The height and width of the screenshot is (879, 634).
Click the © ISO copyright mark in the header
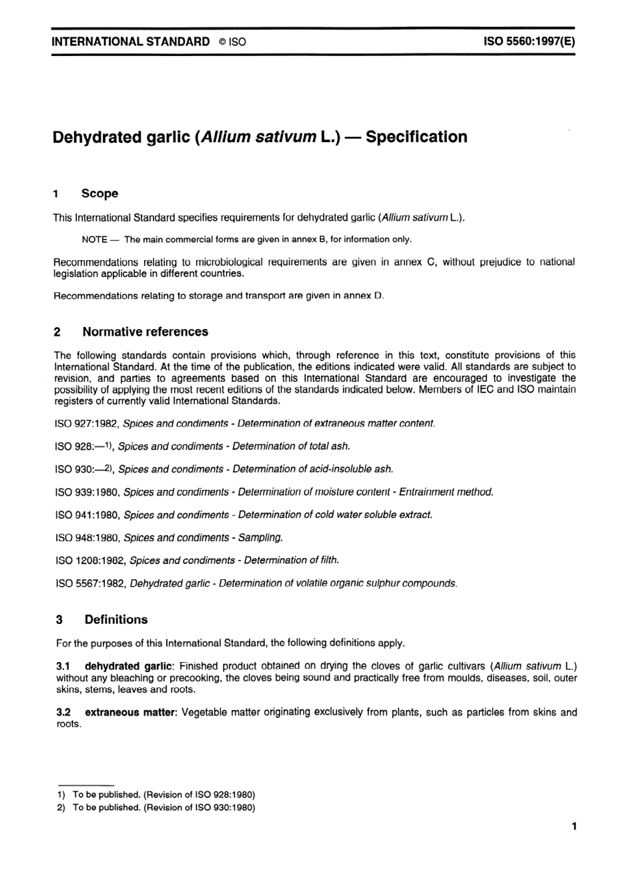[232, 42]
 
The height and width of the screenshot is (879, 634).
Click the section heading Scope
[99, 194]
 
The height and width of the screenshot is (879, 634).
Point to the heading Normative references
[145, 332]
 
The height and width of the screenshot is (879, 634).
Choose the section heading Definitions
[115, 619]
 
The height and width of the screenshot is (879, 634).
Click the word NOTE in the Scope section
[94, 240]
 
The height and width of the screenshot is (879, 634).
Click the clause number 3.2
[63, 713]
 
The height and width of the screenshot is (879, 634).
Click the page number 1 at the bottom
[574, 827]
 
